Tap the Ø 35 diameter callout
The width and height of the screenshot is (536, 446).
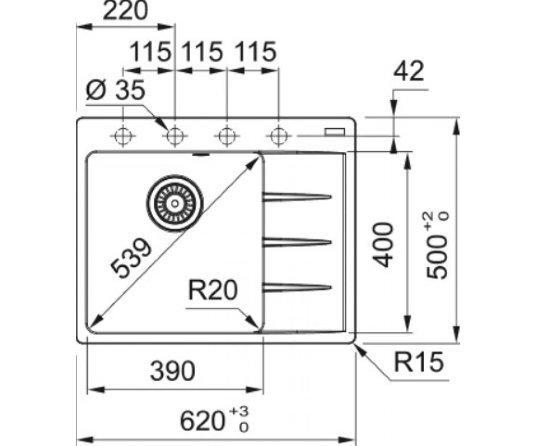tap(115, 91)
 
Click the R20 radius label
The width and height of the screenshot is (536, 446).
tap(213, 291)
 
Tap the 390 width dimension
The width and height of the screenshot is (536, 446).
tap(172, 371)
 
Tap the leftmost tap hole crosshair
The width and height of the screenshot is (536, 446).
tap(123, 136)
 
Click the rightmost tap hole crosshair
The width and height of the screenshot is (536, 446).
tap(279, 136)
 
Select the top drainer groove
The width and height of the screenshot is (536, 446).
tap(297, 197)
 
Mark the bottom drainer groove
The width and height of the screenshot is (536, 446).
tap(297, 287)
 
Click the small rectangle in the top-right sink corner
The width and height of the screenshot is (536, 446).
tap(335, 131)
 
